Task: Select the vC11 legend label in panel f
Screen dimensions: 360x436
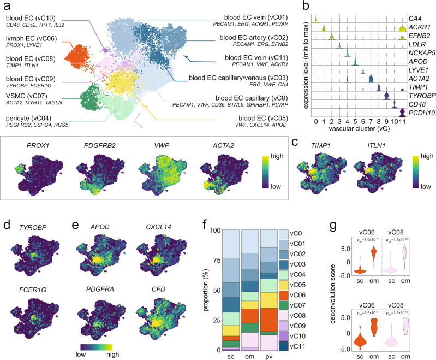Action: pyautogui.click(x=302, y=346)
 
